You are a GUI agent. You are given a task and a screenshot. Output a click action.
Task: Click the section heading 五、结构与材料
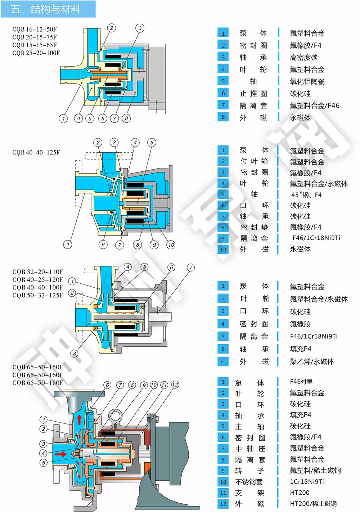point(46,9)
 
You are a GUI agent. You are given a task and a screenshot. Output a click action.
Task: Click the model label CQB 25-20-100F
point(36,53)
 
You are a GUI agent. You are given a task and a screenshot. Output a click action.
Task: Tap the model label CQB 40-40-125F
point(36,152)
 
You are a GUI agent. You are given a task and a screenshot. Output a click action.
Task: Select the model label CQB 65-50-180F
point(38,383)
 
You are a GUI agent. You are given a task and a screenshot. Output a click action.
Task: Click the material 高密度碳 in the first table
point(304,58)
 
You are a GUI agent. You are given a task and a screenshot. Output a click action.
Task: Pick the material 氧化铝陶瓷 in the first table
point(307,82)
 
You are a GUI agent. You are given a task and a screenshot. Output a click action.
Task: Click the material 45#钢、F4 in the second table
point(306,195)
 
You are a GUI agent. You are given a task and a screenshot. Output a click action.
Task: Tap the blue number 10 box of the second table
point(223,250)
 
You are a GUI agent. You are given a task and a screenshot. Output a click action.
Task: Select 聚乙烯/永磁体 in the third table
point(312,361)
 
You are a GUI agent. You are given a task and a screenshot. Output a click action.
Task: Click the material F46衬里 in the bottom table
point(301,382)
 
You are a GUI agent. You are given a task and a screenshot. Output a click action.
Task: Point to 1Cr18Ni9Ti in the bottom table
point(307,481)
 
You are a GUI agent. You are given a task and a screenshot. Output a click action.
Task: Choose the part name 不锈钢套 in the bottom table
point(249,482)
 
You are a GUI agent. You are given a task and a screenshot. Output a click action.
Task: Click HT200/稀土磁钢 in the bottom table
point(313,504)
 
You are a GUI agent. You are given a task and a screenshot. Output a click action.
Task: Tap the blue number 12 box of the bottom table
point(223,504)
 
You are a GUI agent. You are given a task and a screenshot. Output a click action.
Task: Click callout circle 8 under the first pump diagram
point(126,118)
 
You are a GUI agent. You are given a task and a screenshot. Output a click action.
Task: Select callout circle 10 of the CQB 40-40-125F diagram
point(171,245)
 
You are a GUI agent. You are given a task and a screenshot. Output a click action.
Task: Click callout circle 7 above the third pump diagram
point(190,268)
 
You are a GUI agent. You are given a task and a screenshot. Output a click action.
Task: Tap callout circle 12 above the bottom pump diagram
point(175,385)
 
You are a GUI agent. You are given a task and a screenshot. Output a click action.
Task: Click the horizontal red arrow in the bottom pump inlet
point(60,454)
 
